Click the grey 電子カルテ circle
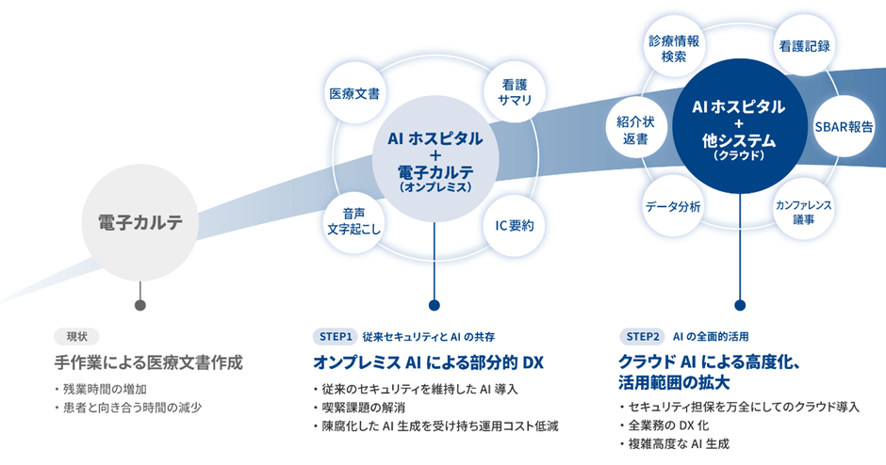(140, 223)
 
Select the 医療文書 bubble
(354, 95)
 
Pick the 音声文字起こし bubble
(353, 220)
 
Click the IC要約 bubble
(515, 226)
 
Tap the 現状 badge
(75, 336)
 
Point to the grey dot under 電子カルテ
(140, 305)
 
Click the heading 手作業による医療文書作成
(148, 361)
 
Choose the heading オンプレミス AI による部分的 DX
(428, 361)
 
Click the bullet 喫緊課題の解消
(372, 408)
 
